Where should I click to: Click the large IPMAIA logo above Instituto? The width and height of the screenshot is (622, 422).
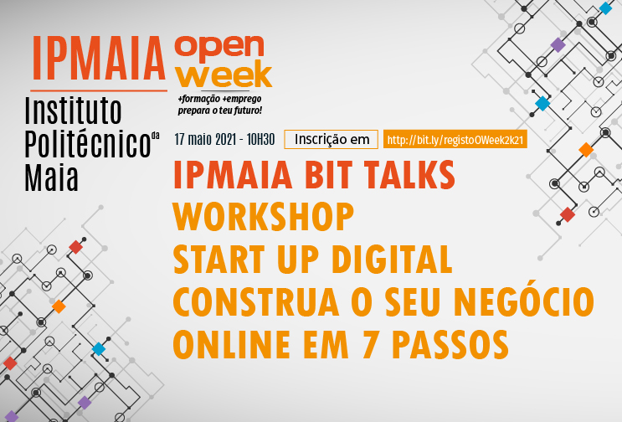click(x=99, y=59)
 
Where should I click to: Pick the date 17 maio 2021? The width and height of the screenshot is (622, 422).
click(x=205, y=140)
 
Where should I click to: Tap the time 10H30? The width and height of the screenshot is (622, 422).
click(x=260, y=140)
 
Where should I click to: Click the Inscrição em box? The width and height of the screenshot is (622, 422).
click(x=331, y=139)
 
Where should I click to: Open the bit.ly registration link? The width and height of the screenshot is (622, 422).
click(x=455, y=139)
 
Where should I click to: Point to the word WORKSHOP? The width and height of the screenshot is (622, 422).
click(x=264, y=217)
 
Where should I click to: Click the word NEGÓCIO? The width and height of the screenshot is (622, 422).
click(x=523, y=301)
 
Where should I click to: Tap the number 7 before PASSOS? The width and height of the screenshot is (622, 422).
click(x=369, y=344)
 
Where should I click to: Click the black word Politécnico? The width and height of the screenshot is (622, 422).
click(x=88, y=143)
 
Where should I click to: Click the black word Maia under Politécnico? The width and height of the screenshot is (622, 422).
click(x=51, y=178)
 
